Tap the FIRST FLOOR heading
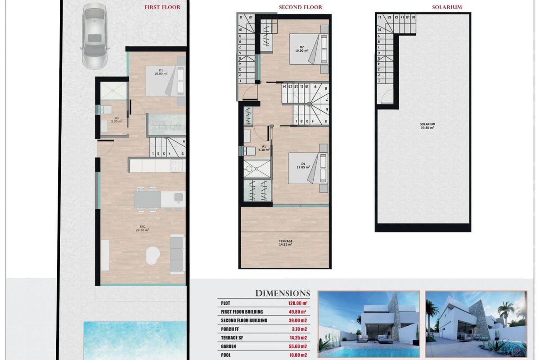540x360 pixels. click(162, 7)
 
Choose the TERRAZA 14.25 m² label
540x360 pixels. click(285, 243)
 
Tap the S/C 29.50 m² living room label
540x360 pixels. click(142, 228)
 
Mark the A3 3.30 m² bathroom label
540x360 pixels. click(116, 119)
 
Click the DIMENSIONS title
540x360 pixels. click(283, 293)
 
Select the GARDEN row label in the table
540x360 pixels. click(231, 346)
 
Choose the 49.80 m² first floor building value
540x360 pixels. click(297, 311)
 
